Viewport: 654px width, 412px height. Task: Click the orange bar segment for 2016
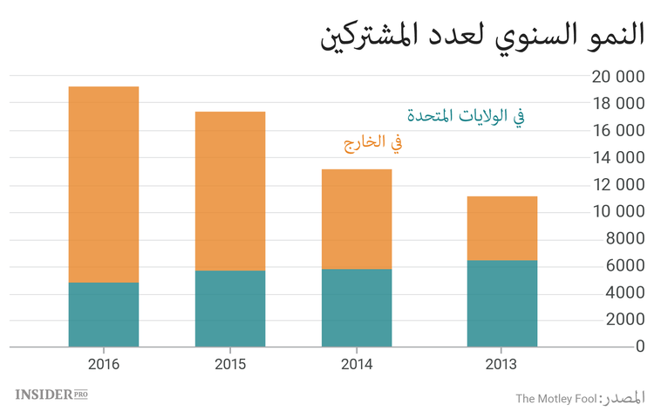[104, 184]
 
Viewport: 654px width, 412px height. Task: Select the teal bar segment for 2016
[104, 314]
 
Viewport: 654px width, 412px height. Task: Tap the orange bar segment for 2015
[230, 191]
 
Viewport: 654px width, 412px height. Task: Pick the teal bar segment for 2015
[230, 308]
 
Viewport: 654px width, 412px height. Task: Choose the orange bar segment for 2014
[357, 219]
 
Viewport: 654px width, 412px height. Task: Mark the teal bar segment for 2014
[357, 307]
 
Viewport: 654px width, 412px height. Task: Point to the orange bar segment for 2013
[501, 229]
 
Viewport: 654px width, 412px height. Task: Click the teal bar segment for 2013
[501, 303]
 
